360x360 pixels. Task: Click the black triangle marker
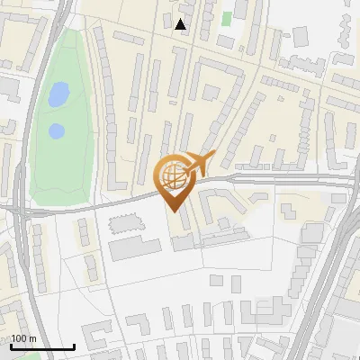(x=182, y=25)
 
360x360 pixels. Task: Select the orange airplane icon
(x=200, y=165)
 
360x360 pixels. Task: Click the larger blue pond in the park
(x=58, y=94)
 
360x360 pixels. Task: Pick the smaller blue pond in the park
(x=56, y=131)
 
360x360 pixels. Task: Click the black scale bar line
(x=42, y=346)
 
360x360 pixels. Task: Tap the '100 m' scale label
(x=24, y=338)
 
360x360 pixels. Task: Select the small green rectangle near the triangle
(x=227, y=17)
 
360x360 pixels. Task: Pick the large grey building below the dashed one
(x=135, y=247)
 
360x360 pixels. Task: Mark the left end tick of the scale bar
(x=12, y=345)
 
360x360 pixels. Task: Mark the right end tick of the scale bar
(x=74, y=345)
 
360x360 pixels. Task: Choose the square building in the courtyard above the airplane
(x=211, y=92)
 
